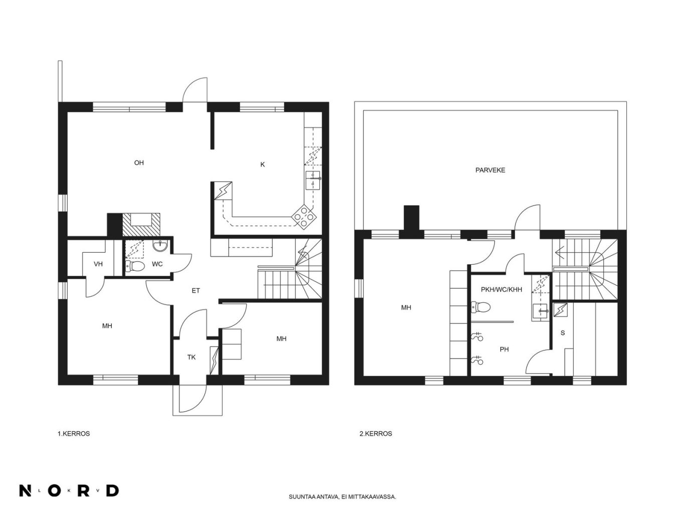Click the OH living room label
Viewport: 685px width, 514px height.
139,163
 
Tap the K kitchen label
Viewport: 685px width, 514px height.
262,164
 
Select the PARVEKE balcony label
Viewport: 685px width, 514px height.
490,170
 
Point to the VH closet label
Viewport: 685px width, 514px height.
98,264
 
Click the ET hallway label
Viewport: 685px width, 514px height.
196,290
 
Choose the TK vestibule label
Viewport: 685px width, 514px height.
191,357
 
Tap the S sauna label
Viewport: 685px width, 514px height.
563,333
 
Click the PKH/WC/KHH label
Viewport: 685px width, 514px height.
501,290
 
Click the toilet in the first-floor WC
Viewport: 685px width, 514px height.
135,266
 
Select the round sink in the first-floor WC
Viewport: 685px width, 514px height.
160,246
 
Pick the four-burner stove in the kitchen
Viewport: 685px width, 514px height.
303,217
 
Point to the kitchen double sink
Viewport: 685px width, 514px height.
313,181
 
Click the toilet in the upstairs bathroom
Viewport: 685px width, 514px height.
481,307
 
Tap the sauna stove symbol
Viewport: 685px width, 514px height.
561,309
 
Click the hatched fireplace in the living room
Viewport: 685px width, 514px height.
141,225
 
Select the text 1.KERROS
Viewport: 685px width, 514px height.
74,433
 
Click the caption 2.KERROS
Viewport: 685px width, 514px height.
376,433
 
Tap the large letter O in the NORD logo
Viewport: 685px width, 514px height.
54,490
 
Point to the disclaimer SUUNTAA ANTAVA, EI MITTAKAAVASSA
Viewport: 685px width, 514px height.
342,497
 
